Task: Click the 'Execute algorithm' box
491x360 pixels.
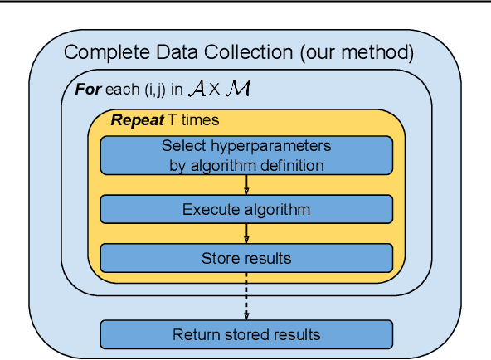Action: [x=246, y=209]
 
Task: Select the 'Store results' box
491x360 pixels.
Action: [x=246, y=258]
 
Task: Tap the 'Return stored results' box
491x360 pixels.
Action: [x=246, y=335]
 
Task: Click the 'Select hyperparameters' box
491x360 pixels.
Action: [x=246, y=155]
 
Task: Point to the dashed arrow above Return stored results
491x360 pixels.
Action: [x=246, y=294]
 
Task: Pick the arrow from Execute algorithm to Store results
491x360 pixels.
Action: [x=246, y=233]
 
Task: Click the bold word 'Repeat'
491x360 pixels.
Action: [x=137, y=120]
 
